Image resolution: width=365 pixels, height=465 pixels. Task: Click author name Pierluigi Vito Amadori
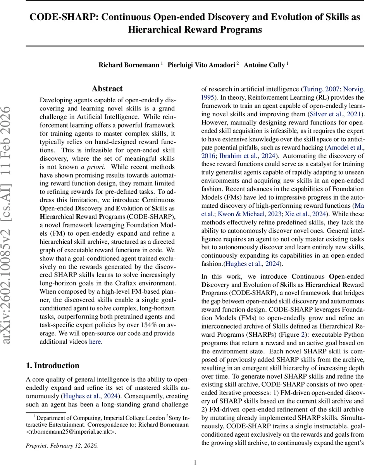click(201, 65)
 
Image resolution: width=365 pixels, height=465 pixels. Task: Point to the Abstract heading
click(107, 89)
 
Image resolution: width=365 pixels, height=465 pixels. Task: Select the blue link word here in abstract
click(95, 341)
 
